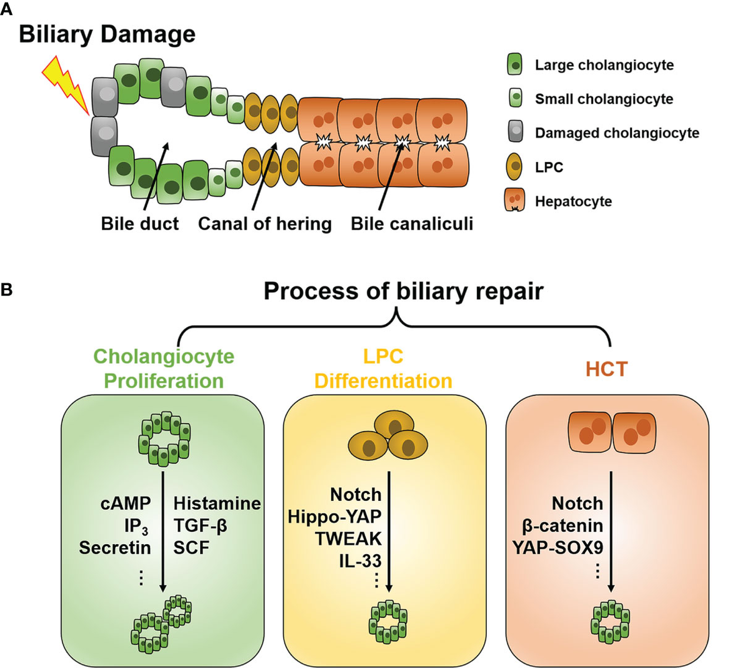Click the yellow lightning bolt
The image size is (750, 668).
tap(66, 84)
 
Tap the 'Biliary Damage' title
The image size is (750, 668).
tap(107, 34)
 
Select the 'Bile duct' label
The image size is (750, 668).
tap(139, 223)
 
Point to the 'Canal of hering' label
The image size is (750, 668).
tap(264, 223)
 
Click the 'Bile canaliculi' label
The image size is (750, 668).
tap(411, 223)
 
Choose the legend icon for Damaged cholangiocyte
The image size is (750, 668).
tap(515, 132)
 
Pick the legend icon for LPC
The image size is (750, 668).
tap(515, 166)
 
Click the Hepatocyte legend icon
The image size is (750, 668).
tap(515, 201)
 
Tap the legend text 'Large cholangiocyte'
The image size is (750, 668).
tap(604, 65)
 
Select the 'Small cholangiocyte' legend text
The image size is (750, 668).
tap(604, 99)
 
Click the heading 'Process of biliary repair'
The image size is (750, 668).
tap(403, 291)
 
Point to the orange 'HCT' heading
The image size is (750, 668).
tap(606, 369)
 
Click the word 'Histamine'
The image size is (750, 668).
tap(217, 503)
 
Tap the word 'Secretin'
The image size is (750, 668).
tap(115, 547)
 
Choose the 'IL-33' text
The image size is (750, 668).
tap(360, 560)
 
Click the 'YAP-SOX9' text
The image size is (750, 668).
tap(557, 547)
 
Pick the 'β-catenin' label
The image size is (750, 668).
tap(562, 525)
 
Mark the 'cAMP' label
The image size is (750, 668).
tap(126, 503)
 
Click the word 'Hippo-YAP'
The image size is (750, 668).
tap(334, 517)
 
